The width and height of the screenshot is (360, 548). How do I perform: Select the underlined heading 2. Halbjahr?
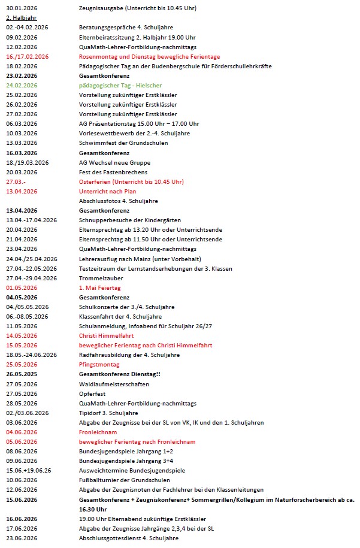[18, 18]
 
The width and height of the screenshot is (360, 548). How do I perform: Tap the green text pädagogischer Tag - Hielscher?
[120, 86]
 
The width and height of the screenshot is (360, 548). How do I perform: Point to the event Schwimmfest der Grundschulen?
[123, 143]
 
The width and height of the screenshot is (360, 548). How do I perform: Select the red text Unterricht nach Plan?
[108, 192]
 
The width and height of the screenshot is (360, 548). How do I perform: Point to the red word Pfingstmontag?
[99, 365]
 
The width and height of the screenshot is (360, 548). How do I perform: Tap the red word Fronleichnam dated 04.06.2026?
[98, 432]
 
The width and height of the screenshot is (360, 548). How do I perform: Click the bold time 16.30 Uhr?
[92, 509]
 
